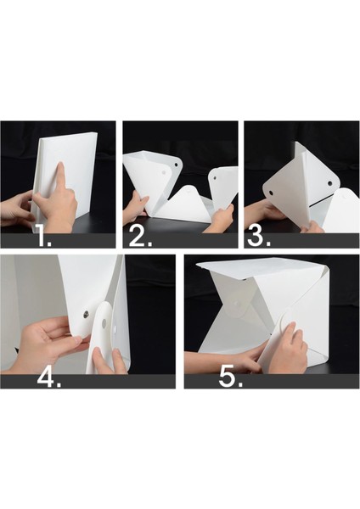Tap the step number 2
coord(140,235)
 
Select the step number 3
coord(259,235)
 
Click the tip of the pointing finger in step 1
coord(59,165)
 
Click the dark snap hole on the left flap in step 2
coord(177,165)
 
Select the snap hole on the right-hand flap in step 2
coord(215,178)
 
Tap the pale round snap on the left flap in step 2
coord(164,171)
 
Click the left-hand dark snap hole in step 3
coord(271,193)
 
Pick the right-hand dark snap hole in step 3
coord(330,183)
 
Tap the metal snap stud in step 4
coord(86,314)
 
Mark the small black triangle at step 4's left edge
coord(16,349)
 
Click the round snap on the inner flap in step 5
coord(236,303)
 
